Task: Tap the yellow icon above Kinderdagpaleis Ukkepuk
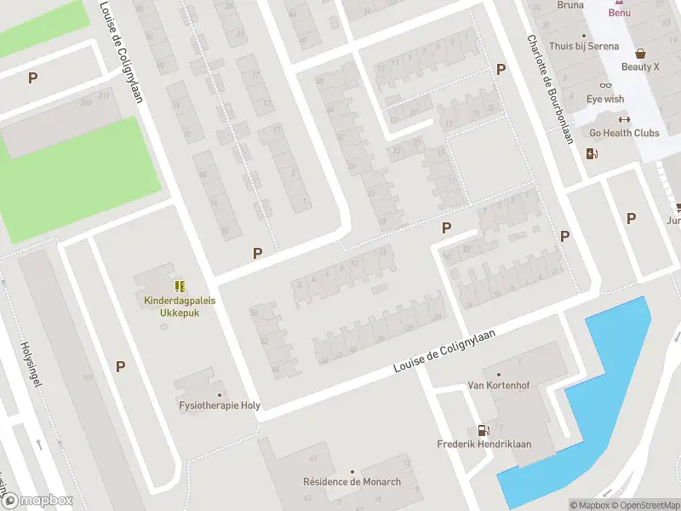click(179, 286)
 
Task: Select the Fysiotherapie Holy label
click(220, 405)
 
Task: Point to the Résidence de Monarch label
click(352, 482)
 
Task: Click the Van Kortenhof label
click(498, 386)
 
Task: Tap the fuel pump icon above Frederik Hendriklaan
click(484, 430)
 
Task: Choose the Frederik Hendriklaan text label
click(484, 445)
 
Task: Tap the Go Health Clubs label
click(624, 133)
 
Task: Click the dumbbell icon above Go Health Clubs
click(624, 119)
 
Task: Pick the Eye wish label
click(605, 100)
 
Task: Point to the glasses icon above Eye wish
click(605, 85)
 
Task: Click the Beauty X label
click(639, 67)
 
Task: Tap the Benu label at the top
click(619, 12)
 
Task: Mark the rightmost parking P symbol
click(631, 219)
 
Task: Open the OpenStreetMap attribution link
click(646, 505)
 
